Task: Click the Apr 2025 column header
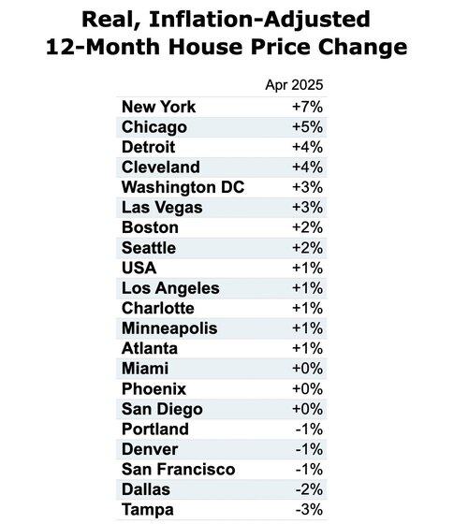[294, 85]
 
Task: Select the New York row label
[159, 107]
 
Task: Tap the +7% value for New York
[308, 107]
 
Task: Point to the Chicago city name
[154, 127]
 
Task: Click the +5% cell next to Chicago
[308, 127]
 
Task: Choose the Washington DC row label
[183, 187]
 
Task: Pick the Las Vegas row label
[162, 208]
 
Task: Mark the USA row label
[139, 268]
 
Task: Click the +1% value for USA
[308, 268]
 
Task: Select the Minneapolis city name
[169, 328]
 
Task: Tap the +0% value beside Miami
[308, 369]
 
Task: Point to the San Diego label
[162, 410]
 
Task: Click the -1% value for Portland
[309, 429]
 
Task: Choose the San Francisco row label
[179, 469]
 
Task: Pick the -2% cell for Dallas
[309, 489]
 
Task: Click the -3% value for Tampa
[309, 510]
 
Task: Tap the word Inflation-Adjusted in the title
[260, 20]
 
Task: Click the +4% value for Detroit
[308, 147]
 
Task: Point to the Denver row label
[150, 449]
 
